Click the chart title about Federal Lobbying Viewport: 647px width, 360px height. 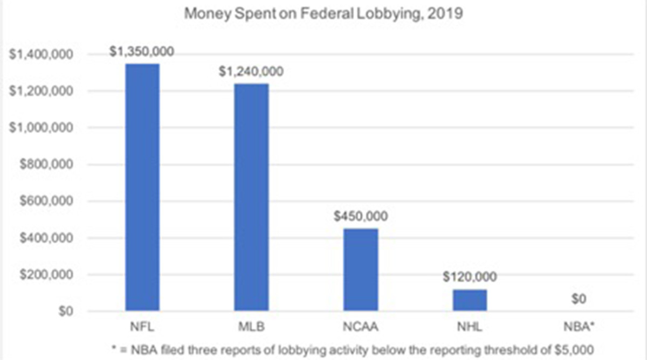[x=323, y=13]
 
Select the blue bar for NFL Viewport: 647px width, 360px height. [x=142, y=187]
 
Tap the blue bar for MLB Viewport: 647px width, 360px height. [x=251, y=197]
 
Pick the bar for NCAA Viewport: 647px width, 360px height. [x=360, y=269]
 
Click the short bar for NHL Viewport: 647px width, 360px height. [x=470, y=300]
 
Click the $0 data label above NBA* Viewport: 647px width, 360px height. [x=579, y=299]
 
